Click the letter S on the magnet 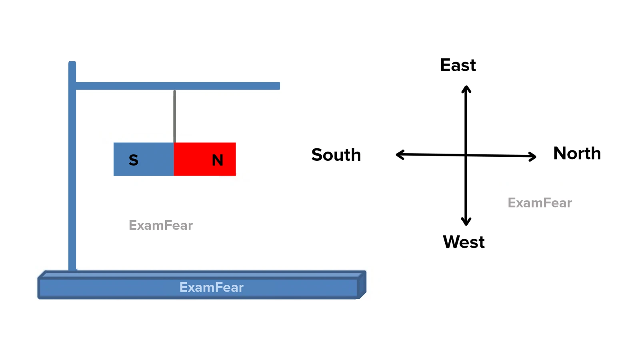(x=134, y=160)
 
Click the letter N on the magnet (x=218, y=160)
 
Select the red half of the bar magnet (x=205, y=159)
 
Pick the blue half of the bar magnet (x=144, y=159)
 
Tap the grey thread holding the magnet (x=174, y=116)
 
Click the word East (x=458, y=65)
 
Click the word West (x=464, y=242)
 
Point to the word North (x=577, y=154)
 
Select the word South (x=336, y=155)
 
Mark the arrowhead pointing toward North (x=532, y=156)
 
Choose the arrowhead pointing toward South (x=400, y=154)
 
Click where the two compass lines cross (x=466, y=156)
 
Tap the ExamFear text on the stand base (x=212, y=288)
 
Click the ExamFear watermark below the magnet (x=161, y=226)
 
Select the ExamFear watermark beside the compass (x=540, y=203)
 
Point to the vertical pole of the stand (x=72, y=166)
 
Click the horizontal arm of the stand (x=178, y=86)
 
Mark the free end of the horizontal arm (x=280, y=86)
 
